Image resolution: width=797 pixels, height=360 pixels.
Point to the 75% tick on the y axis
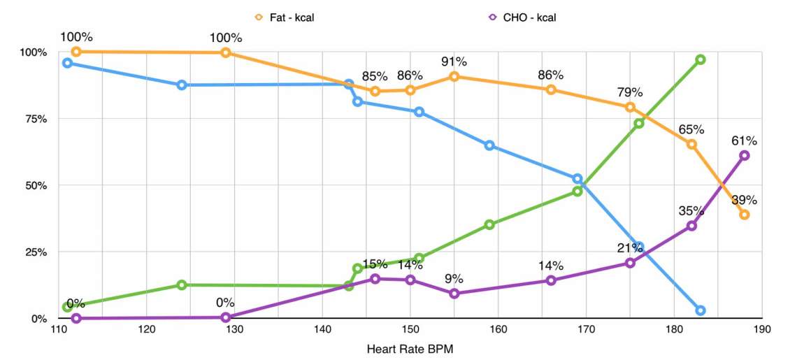33,119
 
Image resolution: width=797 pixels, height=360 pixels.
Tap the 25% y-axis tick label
33,252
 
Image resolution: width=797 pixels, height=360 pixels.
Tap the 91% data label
454,62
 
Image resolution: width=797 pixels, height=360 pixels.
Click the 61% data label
744,141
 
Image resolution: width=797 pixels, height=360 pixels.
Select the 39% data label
744,200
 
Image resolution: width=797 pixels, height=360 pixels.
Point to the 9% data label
454,279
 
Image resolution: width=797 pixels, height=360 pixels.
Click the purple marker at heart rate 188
745,155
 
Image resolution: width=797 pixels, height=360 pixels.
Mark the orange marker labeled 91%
454,76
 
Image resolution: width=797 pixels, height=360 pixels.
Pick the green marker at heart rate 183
701,59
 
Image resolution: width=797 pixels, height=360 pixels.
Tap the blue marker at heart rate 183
701,310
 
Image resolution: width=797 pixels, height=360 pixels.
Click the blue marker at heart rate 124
182,85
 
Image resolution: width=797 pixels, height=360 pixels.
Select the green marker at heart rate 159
489,224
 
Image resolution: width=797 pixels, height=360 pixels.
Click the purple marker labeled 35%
691,226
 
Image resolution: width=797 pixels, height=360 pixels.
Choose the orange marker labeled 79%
630,107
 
